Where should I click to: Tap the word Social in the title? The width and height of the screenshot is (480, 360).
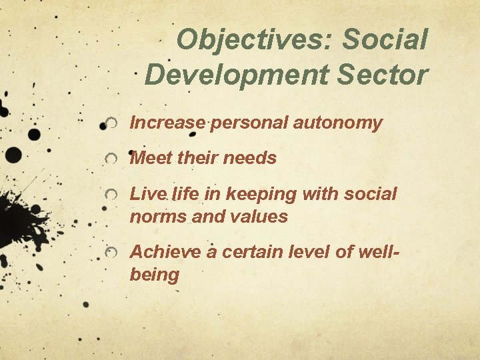coord(384,41)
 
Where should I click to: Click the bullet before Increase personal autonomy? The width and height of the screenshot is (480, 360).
coord(114,123)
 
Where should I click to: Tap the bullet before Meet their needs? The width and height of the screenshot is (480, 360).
coord(114,159)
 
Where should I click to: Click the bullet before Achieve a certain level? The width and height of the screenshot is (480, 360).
coord(114,253)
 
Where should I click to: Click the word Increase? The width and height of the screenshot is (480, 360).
coord(167,123)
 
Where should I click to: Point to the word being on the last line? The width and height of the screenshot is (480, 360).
coord(155,275)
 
